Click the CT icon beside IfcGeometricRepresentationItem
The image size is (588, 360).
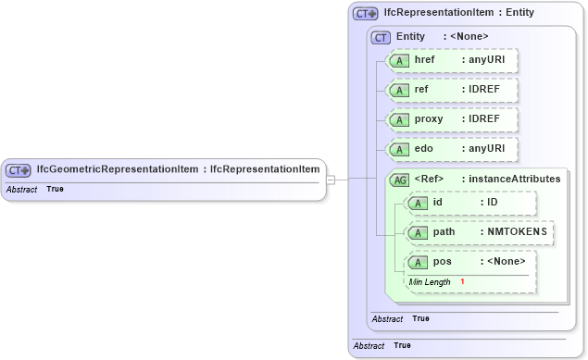[x=19, y=170]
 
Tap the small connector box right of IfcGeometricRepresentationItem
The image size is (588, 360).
[x=331, y=180]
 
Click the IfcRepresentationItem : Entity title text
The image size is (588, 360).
[x=457, y=14]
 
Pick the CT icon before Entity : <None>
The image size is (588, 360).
[x=381, y=37]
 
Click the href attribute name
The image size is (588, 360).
[x=426, y=60]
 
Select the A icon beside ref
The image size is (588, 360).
[x=398, y=91]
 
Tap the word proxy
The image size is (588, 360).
[x=429, y=119]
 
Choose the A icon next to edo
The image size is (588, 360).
[x=398, y=149]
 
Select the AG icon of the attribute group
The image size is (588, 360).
[x=400, y=180]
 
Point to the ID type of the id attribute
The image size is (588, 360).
[x=493, y=202]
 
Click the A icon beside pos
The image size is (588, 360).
[x=418, y=262]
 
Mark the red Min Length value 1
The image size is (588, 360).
[x=462, y=281]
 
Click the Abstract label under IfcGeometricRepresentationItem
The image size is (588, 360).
[x=21, y=189]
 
